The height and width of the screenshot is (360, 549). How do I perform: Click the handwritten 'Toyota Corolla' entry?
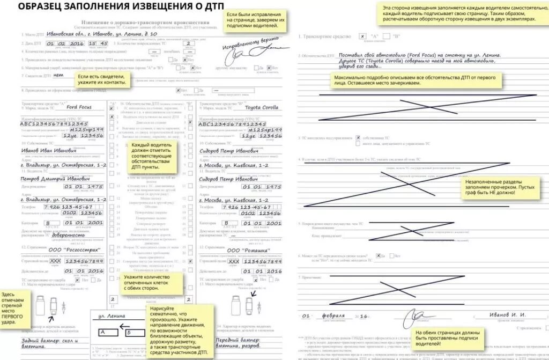tap(262, 107)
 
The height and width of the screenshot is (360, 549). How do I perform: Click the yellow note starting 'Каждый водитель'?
tap(152, 157)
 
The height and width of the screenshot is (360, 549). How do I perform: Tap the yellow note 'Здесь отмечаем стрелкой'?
tap(16, 309)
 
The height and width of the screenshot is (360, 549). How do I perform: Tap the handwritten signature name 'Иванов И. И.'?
tap(507, 314)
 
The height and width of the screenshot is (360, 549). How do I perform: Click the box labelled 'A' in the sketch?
tap(102, 333)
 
